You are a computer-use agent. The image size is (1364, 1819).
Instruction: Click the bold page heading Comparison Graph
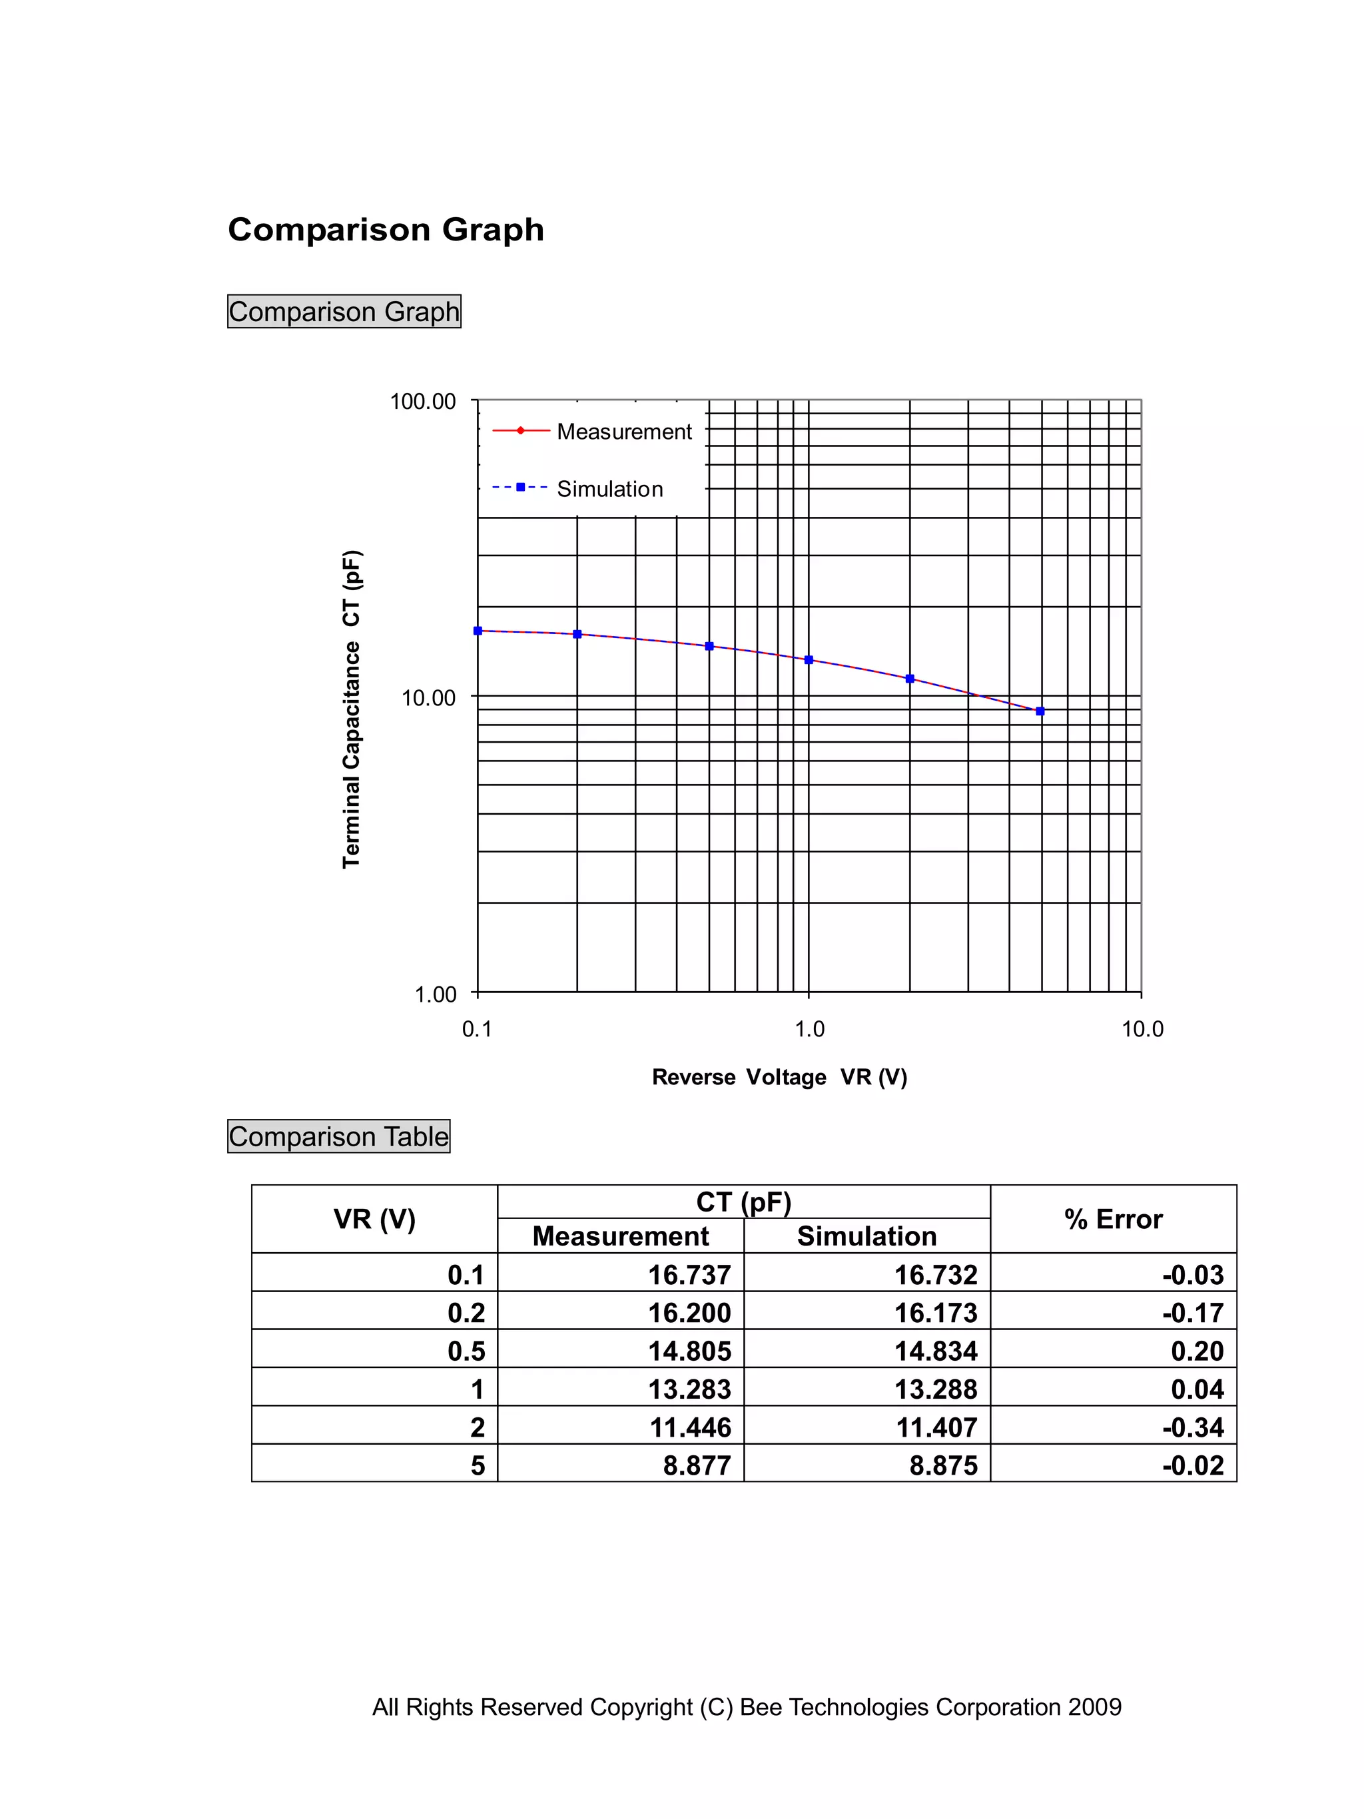[x=386, y=229]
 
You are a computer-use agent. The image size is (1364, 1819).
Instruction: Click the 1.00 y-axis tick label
[x=435, y=994]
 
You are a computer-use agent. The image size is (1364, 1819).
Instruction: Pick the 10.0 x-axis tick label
[x=1142, y=1029]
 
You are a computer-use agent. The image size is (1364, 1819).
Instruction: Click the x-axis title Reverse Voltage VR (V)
[x=779, y=1076]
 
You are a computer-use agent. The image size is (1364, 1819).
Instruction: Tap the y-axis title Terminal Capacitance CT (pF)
[x=351, y=708]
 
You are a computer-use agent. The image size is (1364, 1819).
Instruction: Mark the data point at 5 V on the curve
[x=1040, y=711]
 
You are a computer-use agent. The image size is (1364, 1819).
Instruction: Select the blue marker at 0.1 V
[x=478, y=631]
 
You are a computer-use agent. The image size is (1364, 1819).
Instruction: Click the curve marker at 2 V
[x=909, y=679]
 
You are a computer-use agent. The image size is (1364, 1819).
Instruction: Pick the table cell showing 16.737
[x=689, y=1275]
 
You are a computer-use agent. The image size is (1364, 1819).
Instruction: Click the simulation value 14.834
[x=936, y=1350]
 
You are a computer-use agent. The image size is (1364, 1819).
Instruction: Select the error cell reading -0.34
[x=1192, y=1427]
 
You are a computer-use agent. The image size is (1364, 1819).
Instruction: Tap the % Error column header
[x=1112, y=1219]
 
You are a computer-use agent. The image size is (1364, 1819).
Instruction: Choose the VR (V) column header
[x=374, y=1219]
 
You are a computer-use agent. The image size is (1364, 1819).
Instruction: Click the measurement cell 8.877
[x=697, y=1465]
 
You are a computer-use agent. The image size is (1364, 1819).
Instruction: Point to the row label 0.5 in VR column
[x=466, y=1350]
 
